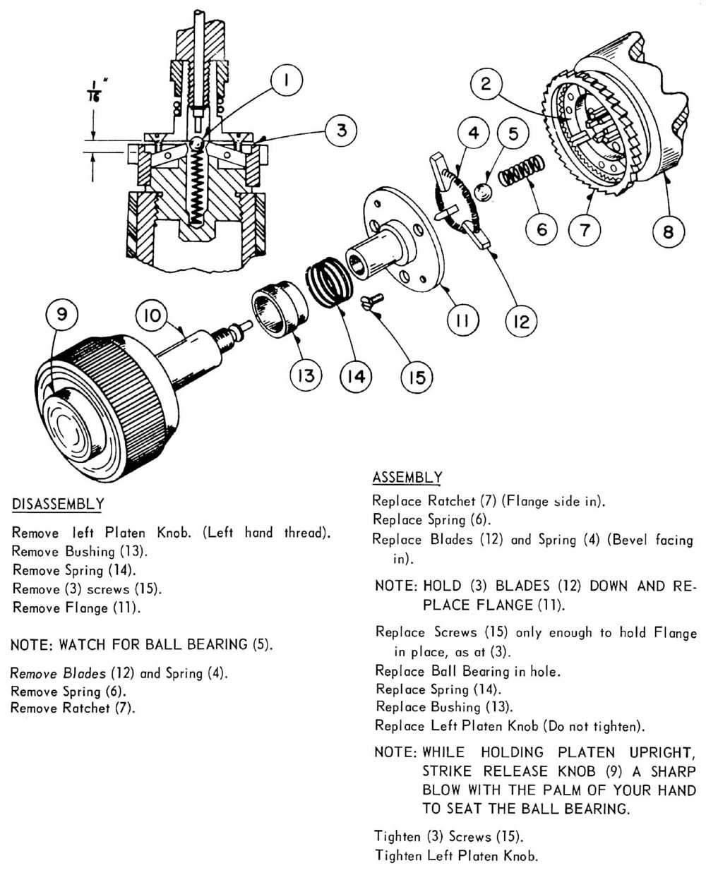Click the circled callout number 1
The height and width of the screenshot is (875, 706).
tap(285, 81)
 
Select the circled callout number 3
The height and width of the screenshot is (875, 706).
tap(341, 131)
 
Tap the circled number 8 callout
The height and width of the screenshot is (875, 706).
tap(668, 231)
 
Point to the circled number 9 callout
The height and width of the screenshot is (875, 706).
tap(62, 314)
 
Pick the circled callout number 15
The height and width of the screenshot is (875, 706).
tap(417, 378)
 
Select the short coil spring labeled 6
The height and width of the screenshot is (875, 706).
tap(522, 172)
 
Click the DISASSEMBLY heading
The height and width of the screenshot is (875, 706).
tap(58, 505)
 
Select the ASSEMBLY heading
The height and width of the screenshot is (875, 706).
tap(407, 478)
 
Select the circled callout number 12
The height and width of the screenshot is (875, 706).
tap(521, 321)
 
